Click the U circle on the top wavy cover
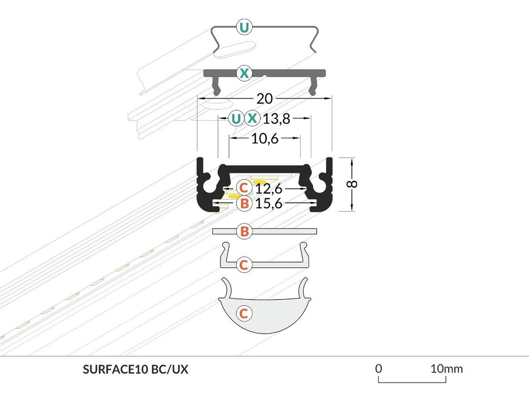(244, 26)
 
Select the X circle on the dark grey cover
(244, 73)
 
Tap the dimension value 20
(264, 98)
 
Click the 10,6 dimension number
(264, 139)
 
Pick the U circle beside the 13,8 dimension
(236, 119)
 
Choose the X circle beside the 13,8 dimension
(252, 119)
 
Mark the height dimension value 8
(352, 185)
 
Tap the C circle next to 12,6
(244, 188)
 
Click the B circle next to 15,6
(244, 204)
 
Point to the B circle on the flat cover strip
(244, 232)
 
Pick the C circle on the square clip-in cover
(244, 265)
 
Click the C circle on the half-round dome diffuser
(244, 313)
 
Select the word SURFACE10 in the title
(115, 370)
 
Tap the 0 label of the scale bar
(379, 369)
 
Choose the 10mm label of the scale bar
(447, 369)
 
